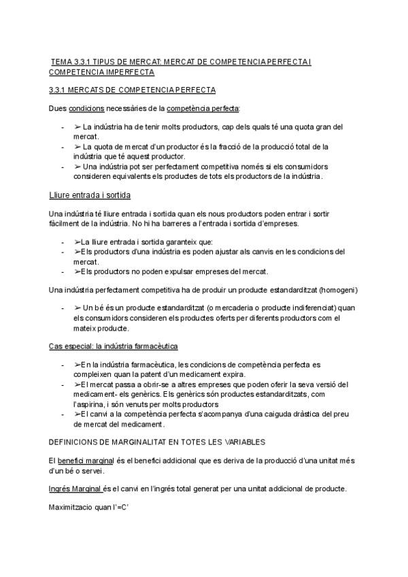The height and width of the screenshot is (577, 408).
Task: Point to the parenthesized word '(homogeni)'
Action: click(x=338, y=290)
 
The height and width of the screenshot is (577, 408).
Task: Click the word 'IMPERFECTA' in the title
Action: click(x=124, y=72)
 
